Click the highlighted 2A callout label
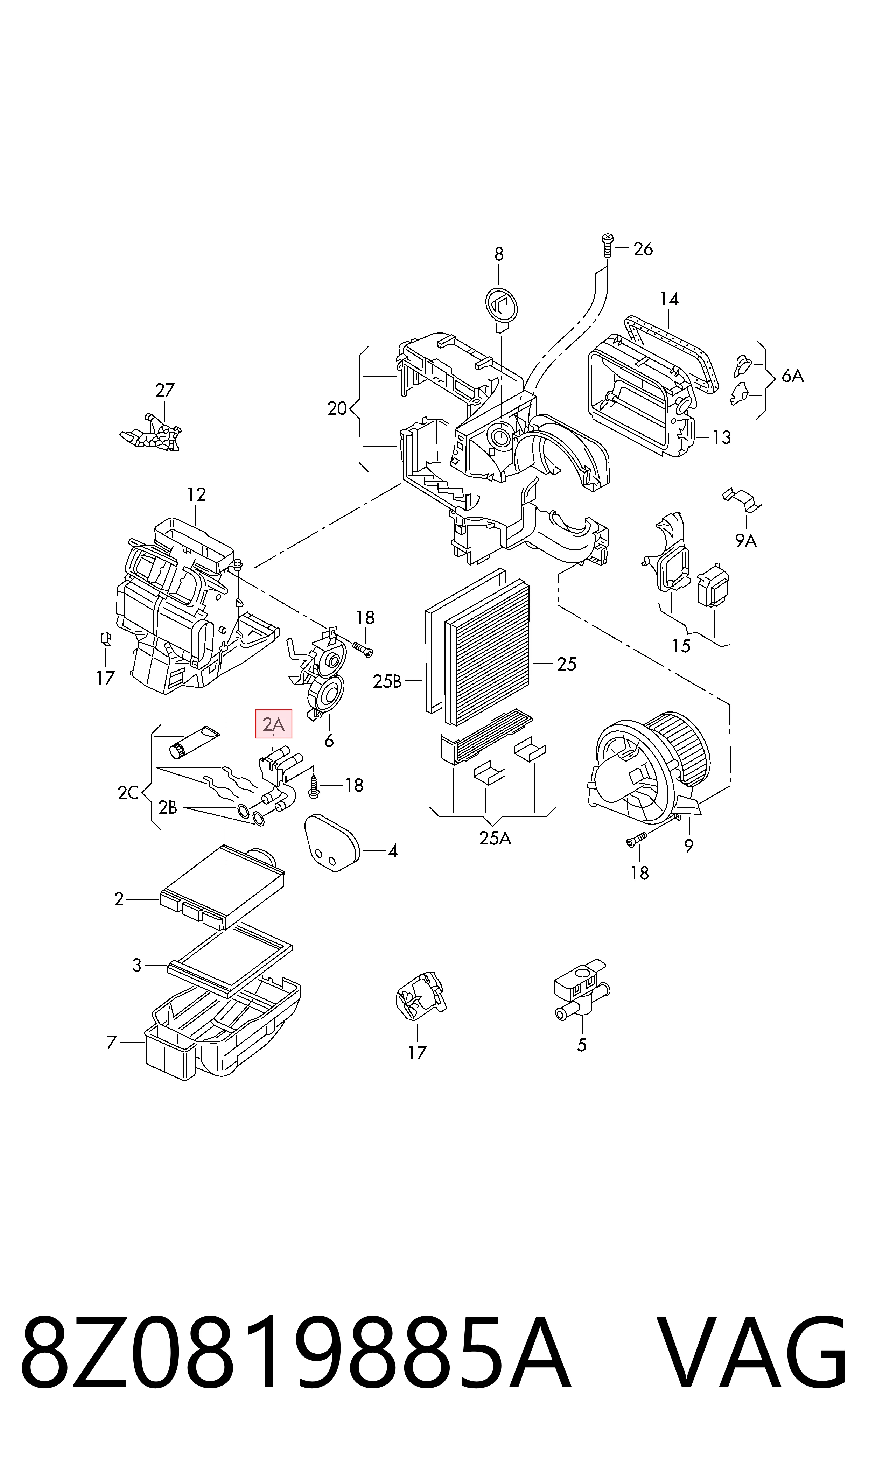[x=273, y=724]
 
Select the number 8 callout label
[x=499, y=254]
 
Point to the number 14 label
[x=669, y=299]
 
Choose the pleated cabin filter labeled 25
[x=487, y=652]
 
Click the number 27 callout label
[x=165, y=390]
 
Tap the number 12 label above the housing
[x=196, y=495]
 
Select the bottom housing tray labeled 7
[x=223, y=1029]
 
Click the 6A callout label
[x=793, y=376]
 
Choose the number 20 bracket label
[x=337, y=409]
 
